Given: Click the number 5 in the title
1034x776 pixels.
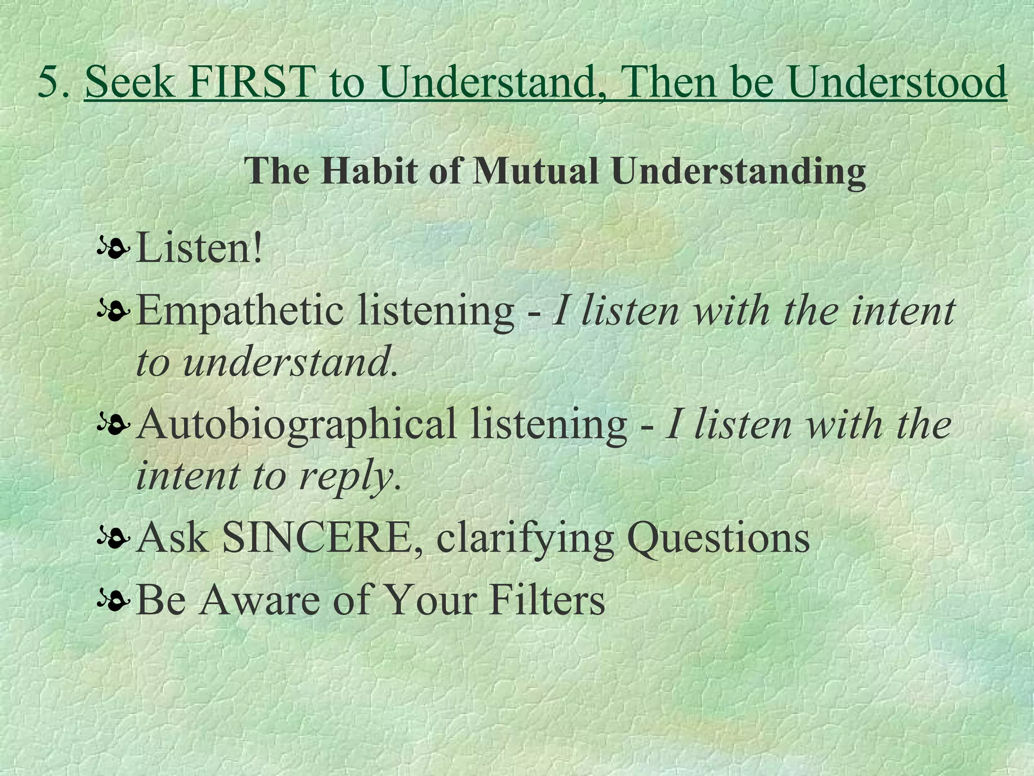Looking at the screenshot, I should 49,82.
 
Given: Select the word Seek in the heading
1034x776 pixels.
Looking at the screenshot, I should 129,82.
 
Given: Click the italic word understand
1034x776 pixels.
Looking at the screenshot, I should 286,363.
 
